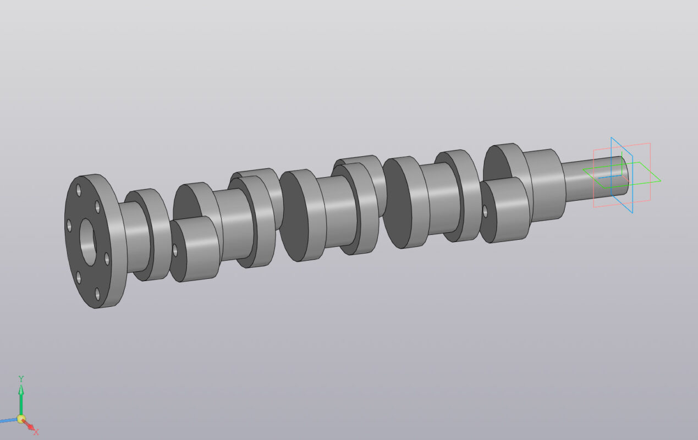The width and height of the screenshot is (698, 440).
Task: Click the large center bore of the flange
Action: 88,242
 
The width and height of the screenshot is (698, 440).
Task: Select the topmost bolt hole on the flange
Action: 79,190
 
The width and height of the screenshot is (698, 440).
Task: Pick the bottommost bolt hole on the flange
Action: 97,294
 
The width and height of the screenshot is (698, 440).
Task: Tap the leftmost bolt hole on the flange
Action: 69,226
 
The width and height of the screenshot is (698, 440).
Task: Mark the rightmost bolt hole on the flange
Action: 107,259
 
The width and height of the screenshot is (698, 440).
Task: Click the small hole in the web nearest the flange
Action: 175,250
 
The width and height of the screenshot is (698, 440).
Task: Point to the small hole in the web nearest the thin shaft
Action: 485,211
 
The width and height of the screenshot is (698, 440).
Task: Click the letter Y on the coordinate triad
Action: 21,378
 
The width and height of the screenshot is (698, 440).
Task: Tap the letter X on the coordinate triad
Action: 36,432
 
